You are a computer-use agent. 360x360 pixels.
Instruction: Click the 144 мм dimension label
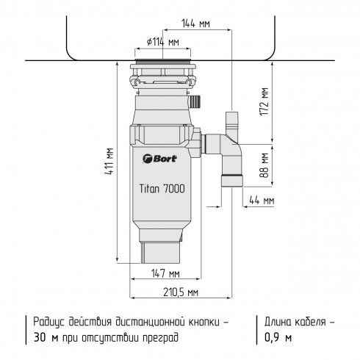(194, 24)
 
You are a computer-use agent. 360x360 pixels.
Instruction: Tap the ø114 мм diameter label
(163, 43)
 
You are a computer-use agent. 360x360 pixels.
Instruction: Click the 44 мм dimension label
(261, 200)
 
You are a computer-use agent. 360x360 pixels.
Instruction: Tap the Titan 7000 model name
(162, 188)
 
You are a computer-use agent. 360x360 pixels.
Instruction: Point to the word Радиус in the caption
(49, 322)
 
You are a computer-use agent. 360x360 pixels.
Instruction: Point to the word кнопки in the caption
(198, 322)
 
